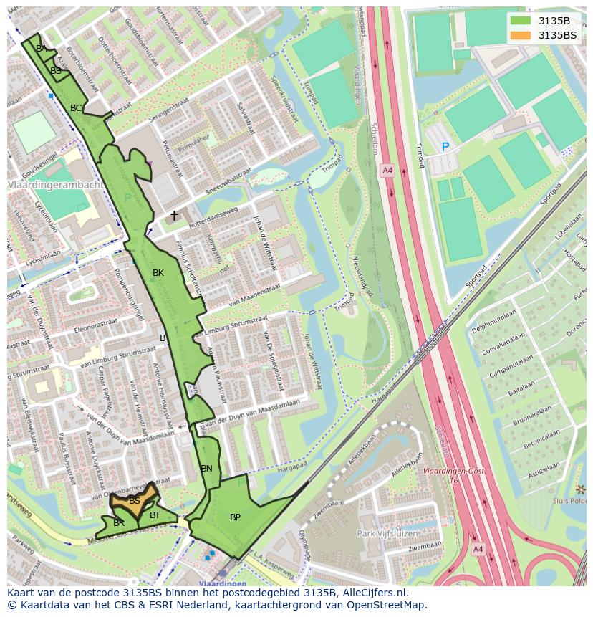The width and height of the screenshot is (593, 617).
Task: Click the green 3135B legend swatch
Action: [521, 21]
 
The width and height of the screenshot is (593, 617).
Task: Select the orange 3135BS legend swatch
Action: [521, 35]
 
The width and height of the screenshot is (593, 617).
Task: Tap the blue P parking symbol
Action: [445, 147]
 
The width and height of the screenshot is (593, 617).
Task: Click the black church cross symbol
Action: [173, 215]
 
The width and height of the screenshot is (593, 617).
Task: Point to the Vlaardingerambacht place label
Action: [55, 185]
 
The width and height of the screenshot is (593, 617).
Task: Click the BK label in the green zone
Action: [158, 273]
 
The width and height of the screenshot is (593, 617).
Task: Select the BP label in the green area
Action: [235, 517]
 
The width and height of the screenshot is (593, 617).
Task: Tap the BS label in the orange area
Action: [134, 501]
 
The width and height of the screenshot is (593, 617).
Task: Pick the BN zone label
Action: [206, 469]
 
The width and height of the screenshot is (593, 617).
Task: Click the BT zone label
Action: [155, 515]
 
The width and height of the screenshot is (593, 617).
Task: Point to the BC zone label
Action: [75, 108]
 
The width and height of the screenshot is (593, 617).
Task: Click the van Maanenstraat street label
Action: [254, 296]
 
